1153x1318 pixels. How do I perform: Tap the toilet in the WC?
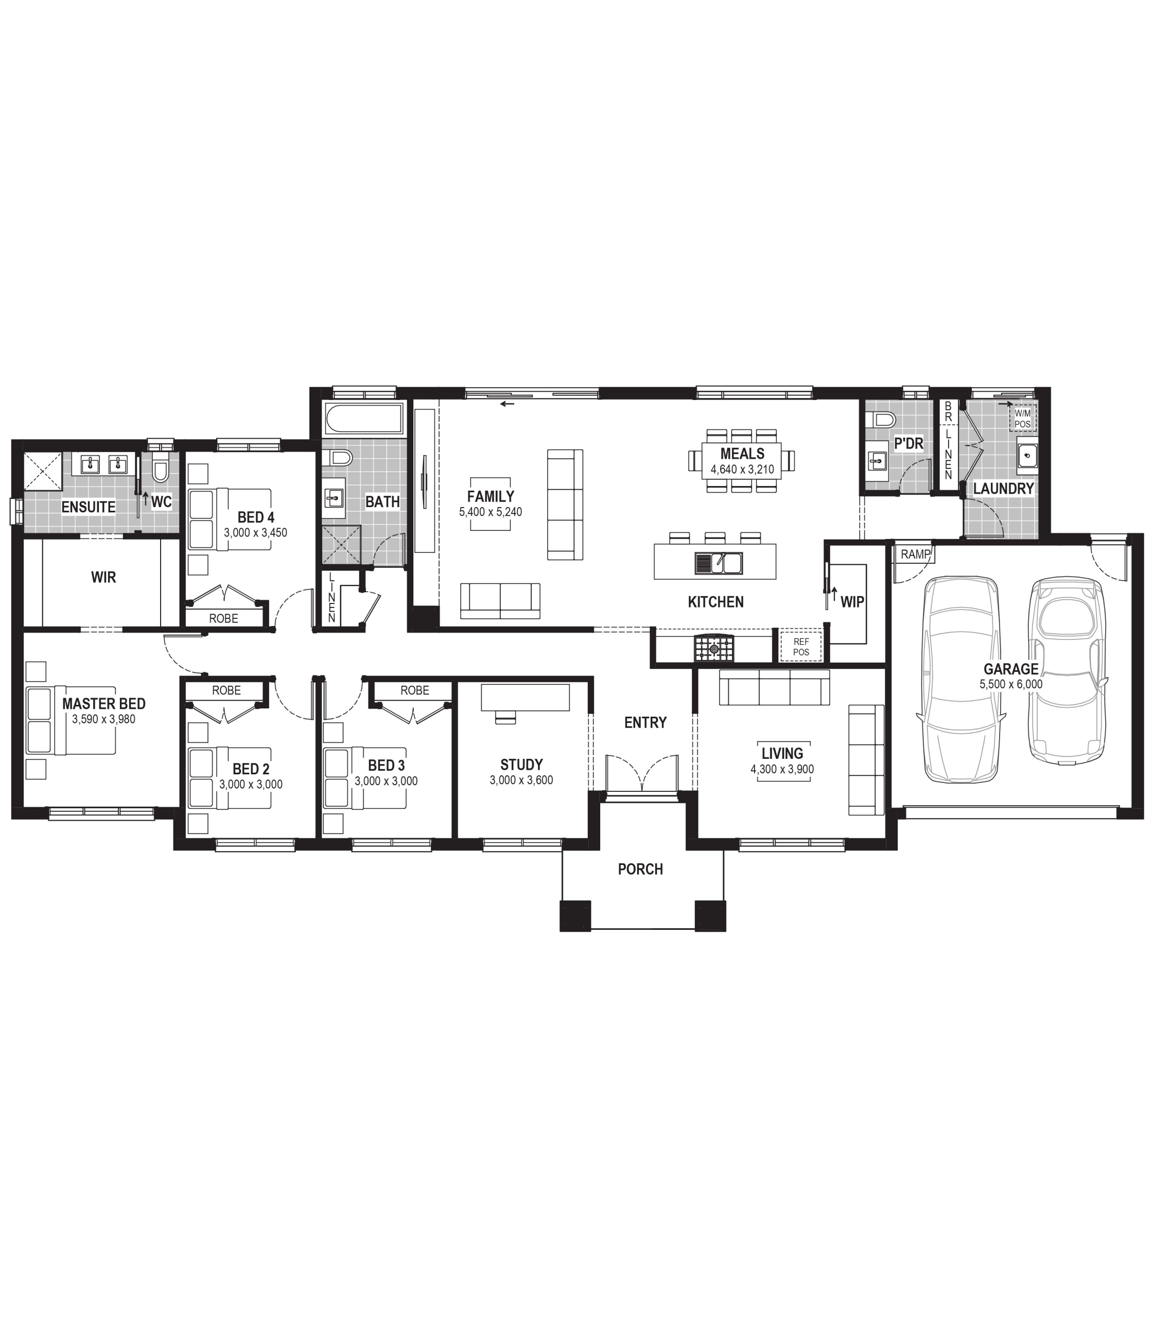(160, 468)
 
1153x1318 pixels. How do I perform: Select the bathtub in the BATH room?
(363, 419)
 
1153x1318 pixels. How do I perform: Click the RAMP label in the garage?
(915, 554)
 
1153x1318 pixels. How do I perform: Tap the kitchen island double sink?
(718, 563)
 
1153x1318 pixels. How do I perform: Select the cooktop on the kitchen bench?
(713, 648)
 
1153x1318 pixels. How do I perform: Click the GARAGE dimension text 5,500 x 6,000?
(1011, 685)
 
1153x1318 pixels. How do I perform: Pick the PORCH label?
(640, 869)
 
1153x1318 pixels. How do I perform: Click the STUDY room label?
(521, 765)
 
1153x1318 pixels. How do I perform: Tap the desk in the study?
(525, 698)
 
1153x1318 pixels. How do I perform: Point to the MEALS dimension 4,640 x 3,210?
(742, 469)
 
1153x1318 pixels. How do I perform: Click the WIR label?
(103, 577)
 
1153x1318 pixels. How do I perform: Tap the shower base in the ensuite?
(42, 472)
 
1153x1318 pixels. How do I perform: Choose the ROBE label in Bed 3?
(414, 690)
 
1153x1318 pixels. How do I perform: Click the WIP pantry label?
(852, 602)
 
